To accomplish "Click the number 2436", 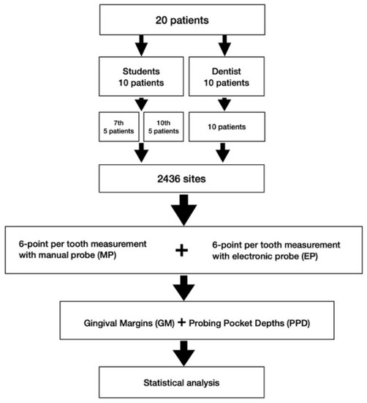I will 171,177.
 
